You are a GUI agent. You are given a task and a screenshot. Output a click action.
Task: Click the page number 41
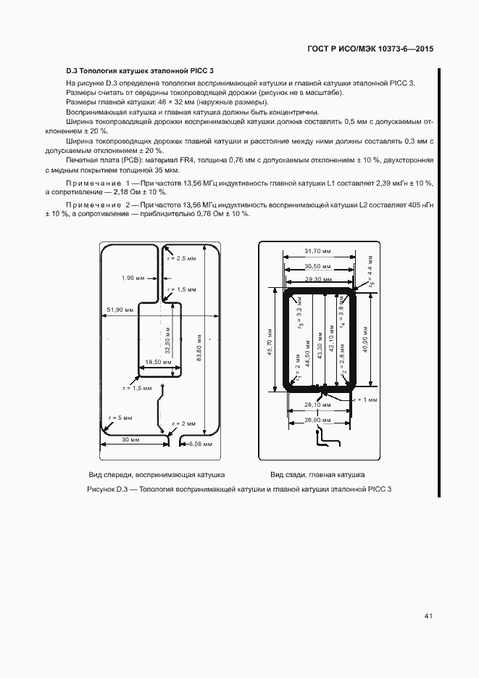(428, 616)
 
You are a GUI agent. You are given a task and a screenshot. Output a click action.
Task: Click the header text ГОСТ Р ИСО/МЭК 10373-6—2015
(370, 50)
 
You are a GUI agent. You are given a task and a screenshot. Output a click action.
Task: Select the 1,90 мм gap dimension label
(133, 278)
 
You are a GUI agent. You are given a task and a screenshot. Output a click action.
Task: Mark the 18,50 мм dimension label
(158, 362)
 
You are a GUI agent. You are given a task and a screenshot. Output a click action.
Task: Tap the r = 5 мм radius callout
(120, 418)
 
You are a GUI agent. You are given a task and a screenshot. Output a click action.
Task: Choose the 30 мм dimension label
(130, 439)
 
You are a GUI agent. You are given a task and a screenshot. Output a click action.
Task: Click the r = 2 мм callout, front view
(184, 423)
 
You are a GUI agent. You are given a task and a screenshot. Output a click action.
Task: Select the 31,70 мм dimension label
(318, 251)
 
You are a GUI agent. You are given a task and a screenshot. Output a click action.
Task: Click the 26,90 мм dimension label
(317, 421)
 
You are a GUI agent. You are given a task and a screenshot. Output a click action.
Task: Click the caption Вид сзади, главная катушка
(317, 474)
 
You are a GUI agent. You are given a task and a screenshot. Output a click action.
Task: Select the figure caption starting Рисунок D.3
(238, 490)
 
